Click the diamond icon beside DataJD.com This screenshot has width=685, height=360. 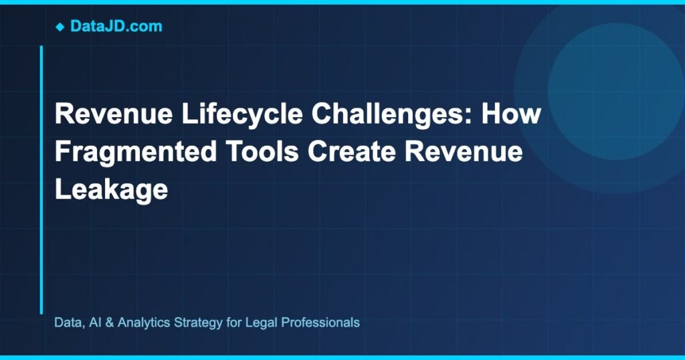[x=60, y=27]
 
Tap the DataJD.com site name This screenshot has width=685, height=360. [x=116, y=27]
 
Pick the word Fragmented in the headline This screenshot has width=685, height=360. [x=135, y=152]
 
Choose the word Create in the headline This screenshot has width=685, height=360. [x=358, y=152]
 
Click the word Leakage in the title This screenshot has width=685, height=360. [x=110, y=190]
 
